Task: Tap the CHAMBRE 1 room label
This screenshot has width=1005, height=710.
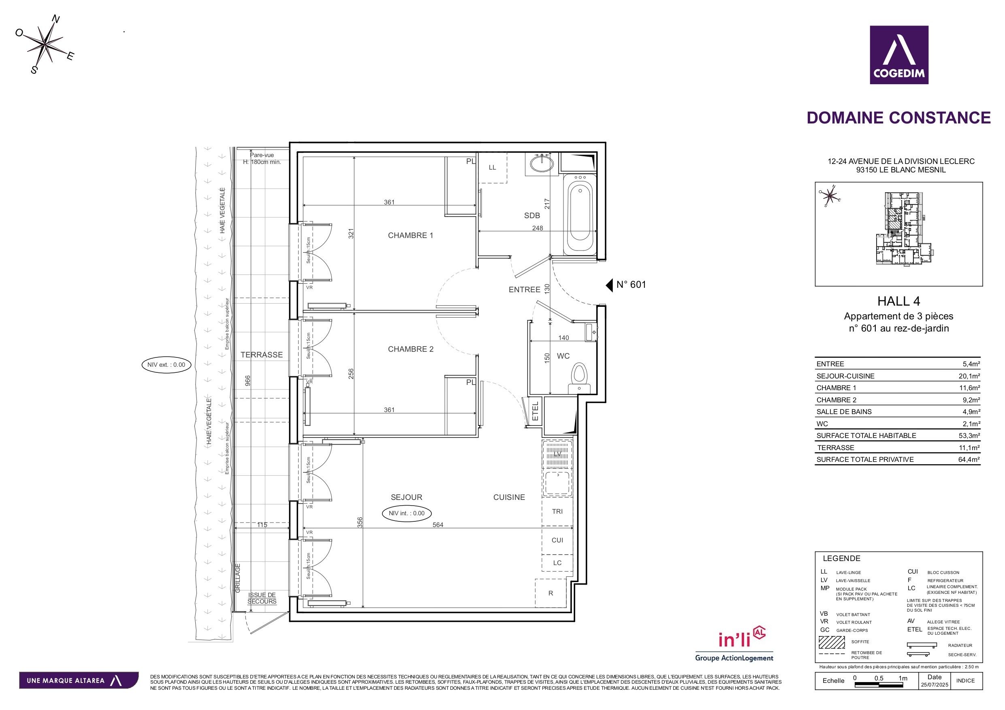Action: tap(410, 235)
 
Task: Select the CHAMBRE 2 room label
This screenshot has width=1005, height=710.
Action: tap(410, 349)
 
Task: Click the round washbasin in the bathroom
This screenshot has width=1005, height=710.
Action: tap(542, 164)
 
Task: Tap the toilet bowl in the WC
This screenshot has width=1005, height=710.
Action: tap(579, 375)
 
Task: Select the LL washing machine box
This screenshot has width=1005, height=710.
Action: tap(493, 168)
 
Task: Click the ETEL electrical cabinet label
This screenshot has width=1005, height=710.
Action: tap(535, 411)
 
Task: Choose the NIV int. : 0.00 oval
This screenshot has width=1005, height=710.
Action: tap(407, 513)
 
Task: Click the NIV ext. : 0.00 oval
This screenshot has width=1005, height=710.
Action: tap(166, 364)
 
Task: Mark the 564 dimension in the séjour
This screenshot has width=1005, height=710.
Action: tap(438, 525)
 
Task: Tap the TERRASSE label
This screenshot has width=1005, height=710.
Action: tap(261, 355)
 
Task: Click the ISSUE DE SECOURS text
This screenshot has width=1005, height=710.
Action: tap(262, 598)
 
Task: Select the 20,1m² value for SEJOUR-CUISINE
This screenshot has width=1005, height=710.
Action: tap(969, 376)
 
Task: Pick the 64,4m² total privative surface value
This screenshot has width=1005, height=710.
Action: tap(969, 459)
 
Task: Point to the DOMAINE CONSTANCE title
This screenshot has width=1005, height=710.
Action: tap(898, 118)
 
